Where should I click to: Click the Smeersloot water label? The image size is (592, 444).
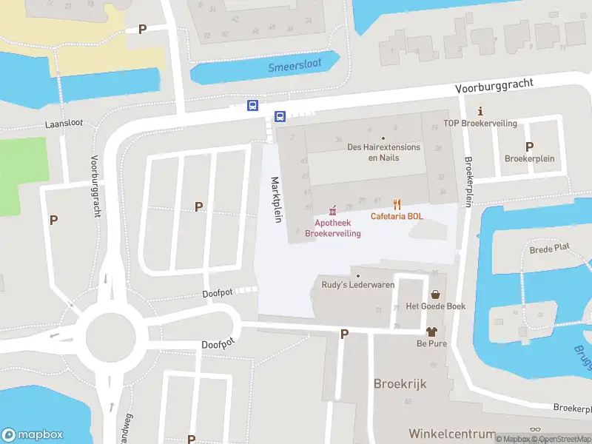tap(295, 65)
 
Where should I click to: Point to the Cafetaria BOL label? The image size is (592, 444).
tap(397, 216)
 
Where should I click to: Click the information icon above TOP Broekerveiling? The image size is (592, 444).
tap(480, 110)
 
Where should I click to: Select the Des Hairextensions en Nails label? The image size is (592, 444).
tap(384, 152)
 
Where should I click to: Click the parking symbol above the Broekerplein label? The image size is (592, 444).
tap(529, 147)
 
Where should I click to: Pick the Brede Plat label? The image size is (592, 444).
tap(549, 250)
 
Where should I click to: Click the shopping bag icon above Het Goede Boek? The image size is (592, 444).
tap(435, 294)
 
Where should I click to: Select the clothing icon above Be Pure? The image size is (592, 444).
tap(432, 332)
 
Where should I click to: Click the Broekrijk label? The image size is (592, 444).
tap(400, 384)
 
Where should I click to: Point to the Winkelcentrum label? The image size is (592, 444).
tap(451, 433)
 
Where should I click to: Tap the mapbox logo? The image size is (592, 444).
tap(33, 434)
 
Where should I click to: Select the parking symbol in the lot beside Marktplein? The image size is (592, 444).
tap(198, 206)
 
